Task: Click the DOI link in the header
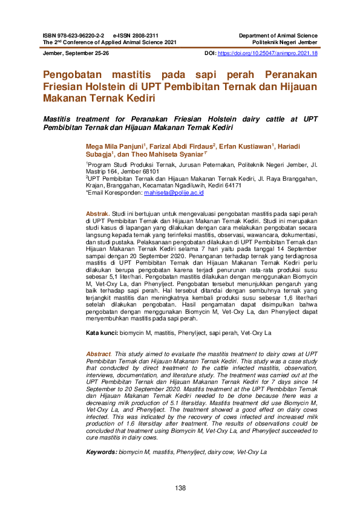267,54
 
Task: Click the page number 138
180,488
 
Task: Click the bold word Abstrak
97,214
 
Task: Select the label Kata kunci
101,333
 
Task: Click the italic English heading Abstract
99,354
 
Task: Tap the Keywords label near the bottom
101,452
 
